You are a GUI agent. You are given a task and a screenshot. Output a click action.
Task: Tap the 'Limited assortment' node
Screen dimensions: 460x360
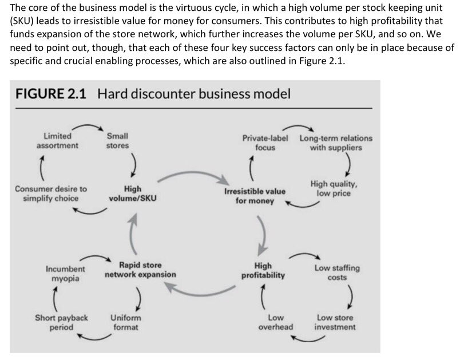click(58, 141)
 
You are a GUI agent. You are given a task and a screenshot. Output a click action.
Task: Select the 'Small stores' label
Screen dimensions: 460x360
click(117, 141)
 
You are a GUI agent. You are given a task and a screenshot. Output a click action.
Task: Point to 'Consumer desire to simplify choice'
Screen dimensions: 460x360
click(51, 193)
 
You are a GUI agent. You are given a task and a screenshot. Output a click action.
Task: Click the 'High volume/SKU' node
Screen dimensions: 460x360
click(133, 193)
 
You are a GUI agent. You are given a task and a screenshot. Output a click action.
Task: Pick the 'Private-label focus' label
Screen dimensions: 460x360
click(265, 143)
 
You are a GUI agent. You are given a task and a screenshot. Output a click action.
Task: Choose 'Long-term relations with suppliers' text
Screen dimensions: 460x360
click(336, 143)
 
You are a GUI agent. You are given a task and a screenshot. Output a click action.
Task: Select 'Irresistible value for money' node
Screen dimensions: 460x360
click(255, 196)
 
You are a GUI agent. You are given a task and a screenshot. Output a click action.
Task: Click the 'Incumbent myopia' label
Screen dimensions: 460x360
click(65, 274)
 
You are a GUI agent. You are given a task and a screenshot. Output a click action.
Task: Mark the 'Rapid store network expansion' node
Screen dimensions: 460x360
click(140, 270)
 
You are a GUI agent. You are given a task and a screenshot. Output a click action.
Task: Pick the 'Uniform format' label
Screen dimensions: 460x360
click(125, 322)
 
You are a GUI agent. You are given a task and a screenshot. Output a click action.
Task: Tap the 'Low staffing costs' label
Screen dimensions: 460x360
click(337, 272)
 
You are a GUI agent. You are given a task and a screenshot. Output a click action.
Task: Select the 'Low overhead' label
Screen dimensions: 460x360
click(276, 322)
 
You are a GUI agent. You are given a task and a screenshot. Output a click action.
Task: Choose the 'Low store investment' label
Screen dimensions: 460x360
click(335, 322)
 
